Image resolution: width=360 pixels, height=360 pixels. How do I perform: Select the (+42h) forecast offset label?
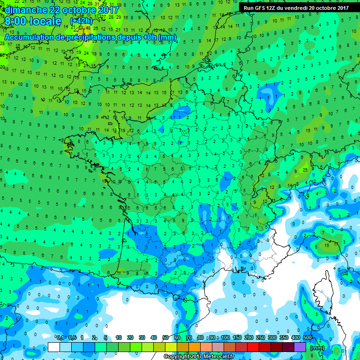point(81,22)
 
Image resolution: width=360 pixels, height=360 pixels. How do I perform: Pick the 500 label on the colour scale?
point(307,337)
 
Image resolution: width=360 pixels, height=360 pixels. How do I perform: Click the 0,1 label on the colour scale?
point(60,337)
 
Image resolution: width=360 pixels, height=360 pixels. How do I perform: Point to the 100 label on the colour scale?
point(225,337)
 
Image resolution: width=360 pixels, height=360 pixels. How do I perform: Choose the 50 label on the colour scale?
point(165,337)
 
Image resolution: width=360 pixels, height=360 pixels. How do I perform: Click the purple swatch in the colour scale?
point(300,347)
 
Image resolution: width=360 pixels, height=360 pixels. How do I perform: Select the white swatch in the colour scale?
point(54,347)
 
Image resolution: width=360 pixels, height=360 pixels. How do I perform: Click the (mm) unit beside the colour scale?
point(317,348)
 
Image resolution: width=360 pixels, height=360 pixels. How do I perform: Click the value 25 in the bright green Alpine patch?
point(305,169)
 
